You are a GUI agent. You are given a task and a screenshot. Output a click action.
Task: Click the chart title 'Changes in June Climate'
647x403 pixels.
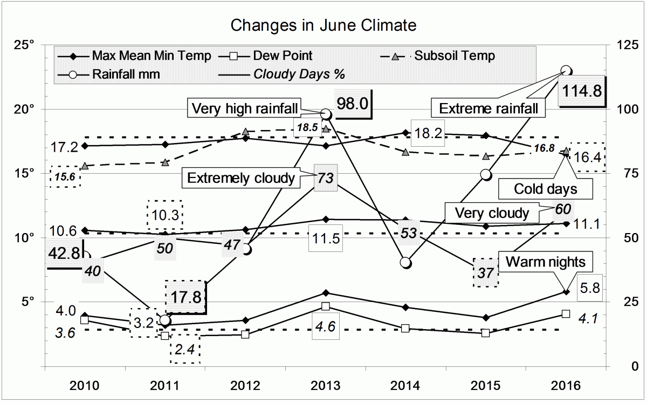[323, 25]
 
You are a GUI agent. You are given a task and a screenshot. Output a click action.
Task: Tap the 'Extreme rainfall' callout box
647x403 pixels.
[488, 108]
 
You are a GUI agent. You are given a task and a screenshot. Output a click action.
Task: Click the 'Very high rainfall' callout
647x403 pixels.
[245, 108]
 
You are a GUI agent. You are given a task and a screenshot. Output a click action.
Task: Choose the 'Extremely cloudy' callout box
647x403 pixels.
[240, 177]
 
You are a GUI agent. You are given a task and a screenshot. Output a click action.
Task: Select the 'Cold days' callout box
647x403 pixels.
[546, 189]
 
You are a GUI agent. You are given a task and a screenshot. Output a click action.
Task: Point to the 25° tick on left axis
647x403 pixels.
[25, 45]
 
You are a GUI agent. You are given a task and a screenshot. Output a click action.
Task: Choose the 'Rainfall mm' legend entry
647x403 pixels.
[125, 74]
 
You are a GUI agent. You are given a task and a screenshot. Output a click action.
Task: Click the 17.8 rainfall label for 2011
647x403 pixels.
[185, 297]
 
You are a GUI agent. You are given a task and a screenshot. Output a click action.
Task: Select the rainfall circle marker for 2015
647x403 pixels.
[486, 174]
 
